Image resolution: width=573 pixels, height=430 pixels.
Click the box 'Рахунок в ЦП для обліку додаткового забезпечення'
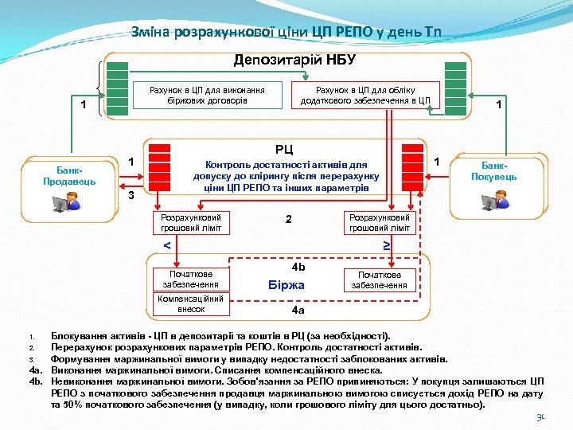(x=365, y=95)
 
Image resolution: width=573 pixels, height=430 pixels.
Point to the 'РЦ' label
(x=284, y=149)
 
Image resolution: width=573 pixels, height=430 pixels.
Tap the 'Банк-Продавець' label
(x=69, y=174)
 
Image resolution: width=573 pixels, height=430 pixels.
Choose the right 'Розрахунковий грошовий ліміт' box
(x=379, y=223)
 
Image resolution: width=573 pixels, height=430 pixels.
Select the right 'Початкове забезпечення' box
(x=379, y=279)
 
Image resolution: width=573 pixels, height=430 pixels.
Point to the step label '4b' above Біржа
(x=298, y=267)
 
